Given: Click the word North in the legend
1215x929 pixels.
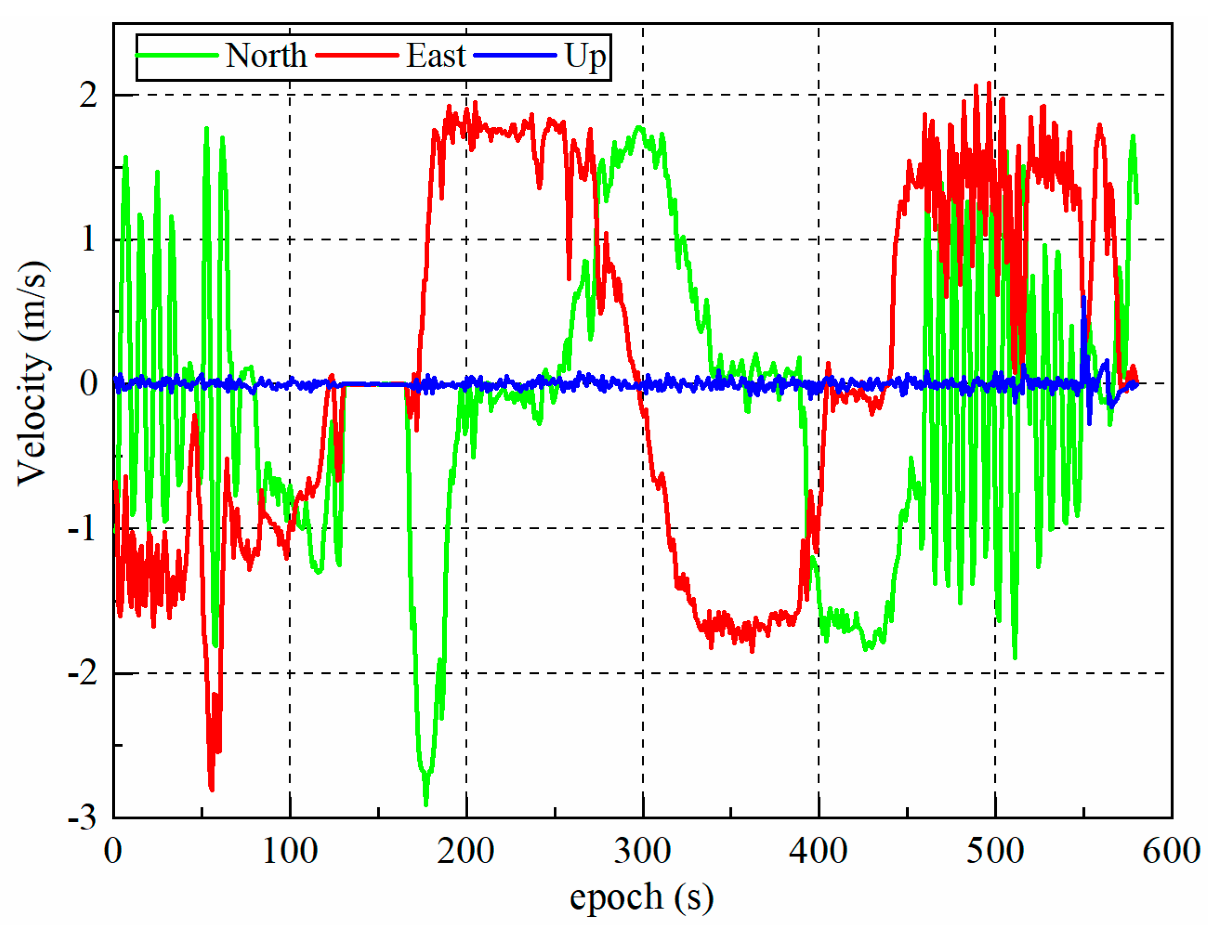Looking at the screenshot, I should coord(266,55).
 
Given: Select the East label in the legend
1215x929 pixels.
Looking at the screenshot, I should coord(436,55).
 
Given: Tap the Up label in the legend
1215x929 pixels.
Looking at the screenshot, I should coord(585,56).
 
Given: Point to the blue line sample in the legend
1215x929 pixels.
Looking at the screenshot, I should coord(515,55).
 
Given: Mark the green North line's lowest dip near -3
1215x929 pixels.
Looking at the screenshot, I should coord(426,803).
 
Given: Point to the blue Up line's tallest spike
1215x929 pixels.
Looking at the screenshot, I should coord(1084,299).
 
